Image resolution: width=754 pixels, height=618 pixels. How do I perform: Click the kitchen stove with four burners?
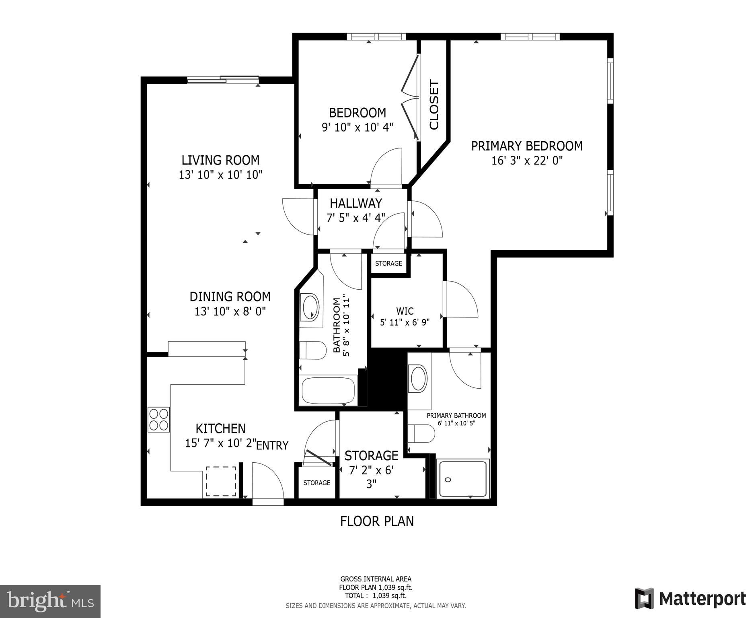pos(158,420)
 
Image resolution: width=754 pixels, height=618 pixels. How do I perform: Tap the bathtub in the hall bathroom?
pos(329,390)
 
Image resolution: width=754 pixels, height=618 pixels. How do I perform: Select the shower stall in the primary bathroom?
pos(463,479)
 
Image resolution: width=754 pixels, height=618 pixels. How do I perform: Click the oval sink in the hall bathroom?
pos(310,307)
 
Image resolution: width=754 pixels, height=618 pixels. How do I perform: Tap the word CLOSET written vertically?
pos(434,105)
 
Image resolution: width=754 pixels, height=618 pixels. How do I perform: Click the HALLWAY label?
pos(356,203)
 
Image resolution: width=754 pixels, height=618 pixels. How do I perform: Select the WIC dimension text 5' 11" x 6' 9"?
pos(405,322)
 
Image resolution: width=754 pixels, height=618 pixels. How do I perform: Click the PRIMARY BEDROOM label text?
pos(527,146)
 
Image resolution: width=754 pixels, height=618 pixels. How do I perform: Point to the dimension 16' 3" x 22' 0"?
pos(527,161)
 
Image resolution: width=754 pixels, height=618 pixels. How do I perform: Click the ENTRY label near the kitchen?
pos(272,445)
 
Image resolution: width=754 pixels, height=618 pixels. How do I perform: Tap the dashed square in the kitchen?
pos(221,481)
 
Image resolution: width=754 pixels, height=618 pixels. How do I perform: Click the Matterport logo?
pos(690,599)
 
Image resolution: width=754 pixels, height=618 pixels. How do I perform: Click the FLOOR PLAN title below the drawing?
pos(377,521)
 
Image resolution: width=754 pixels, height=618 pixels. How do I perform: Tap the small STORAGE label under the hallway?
pos(388,264)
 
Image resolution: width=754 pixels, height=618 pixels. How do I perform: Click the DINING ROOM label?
pos(230,297)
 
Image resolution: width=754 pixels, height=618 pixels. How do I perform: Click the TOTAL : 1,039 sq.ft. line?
pos(376,596)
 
